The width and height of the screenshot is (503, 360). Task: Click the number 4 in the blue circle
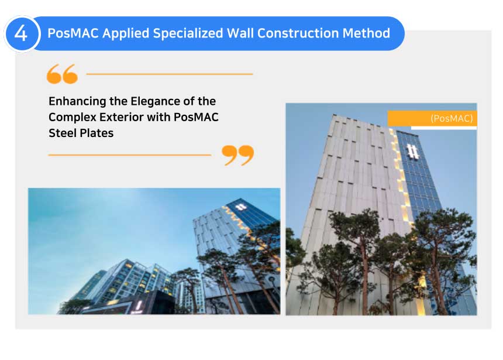(21, 33)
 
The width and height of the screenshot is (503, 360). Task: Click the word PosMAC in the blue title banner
(73, 33)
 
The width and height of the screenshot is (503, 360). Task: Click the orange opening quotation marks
(62, 74)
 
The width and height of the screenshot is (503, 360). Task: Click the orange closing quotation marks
(237, 155)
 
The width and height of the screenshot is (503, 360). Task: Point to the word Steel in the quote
(61, 133)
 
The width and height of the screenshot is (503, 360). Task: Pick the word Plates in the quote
(95, 133)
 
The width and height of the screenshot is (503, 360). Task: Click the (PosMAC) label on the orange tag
(452, 118)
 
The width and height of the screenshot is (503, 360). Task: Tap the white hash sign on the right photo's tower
(412, 151)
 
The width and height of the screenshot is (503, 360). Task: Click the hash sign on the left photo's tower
(241, 207)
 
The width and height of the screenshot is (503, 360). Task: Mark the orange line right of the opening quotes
(170, 74)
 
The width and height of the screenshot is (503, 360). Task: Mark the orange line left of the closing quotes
(130, 155)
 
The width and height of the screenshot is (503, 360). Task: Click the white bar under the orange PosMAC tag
(444, 128)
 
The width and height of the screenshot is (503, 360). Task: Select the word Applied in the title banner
(126, 33)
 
